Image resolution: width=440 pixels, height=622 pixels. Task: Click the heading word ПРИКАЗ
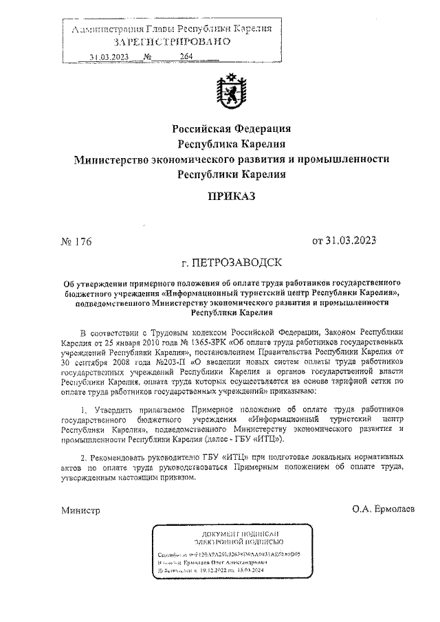(231, 197)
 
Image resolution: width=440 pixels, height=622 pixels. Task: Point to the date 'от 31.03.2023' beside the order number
(344, 241)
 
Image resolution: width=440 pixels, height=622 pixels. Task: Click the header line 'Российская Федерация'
(231, 129)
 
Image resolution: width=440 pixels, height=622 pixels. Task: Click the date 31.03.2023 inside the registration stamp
(109, 57)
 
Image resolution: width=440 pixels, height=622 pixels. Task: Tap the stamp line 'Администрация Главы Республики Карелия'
(172, 29)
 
